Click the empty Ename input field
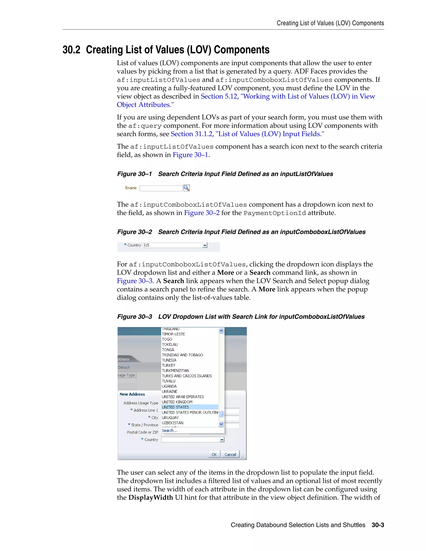coord(161,188)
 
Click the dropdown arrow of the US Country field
coord(205,245)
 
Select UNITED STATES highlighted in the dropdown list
coord(175,407)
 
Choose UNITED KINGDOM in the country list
coord(177,402)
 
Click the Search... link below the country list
coord(170,430)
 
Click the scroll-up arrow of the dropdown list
coord(221,331)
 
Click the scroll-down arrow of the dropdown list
coord(221,424)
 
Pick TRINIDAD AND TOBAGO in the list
coord(182,355)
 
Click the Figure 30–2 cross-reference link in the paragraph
coord(202,213)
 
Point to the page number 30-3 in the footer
coord(378,525)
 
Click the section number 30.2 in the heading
coord(71,50)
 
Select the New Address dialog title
coord(132,394)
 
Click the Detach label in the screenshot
coord(124,367)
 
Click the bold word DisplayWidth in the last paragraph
coord(151,498)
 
